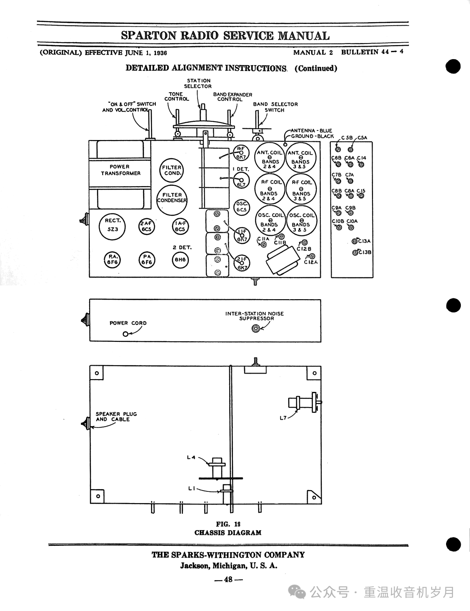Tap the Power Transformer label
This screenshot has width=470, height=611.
121,170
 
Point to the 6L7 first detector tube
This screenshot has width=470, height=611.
242,180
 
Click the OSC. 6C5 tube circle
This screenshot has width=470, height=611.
242,207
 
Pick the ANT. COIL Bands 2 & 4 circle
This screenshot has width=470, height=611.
270,159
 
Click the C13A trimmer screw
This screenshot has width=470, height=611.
355,241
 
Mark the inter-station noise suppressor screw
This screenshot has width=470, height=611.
256,329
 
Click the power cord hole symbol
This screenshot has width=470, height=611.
126,334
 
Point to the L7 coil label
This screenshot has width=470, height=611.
283,418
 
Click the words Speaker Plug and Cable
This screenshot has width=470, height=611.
116,417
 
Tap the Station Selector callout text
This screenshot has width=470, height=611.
198,83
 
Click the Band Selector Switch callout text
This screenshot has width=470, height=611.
275,107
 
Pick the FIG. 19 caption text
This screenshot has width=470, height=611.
228,524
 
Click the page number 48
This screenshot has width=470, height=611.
228,580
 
